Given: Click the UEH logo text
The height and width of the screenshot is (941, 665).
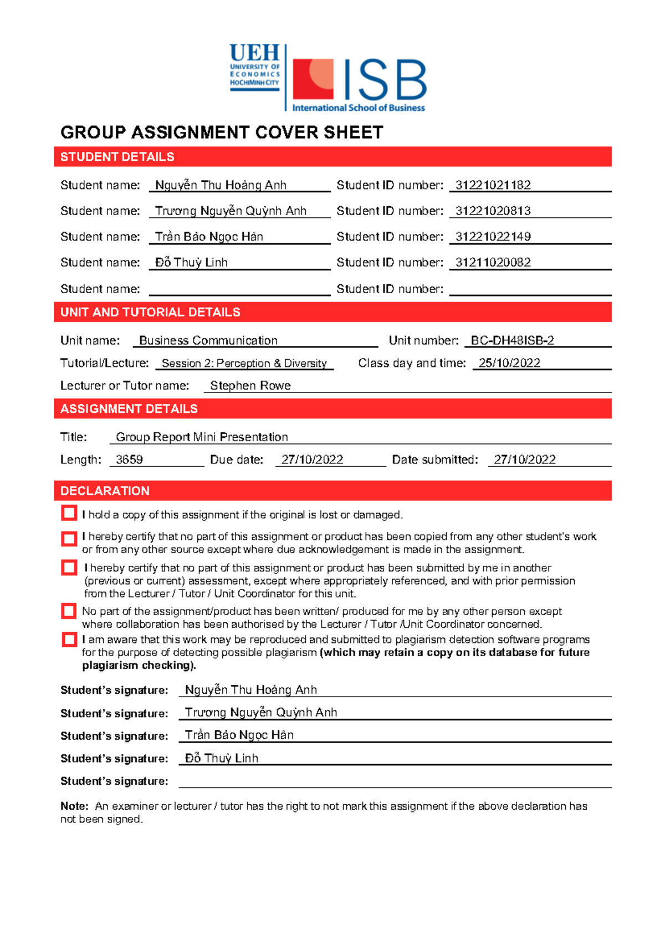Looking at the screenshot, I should click(x=254, y=54).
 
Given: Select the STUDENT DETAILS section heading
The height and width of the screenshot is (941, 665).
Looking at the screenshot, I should click(x=117, y=157).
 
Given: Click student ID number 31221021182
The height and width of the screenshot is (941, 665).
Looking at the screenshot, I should click(x=493, y=185).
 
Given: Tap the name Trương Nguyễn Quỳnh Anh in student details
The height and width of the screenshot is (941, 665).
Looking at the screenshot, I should click(x=231, y=211).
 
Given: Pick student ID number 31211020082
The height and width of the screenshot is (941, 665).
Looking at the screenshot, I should click(x=493, y=262).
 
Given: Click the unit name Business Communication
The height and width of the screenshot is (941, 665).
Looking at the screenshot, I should click(x=208, y=340).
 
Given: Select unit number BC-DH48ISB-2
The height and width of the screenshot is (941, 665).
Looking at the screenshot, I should click(x=511, y=340).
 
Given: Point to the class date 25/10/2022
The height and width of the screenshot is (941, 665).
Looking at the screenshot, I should click(x=509, y=363).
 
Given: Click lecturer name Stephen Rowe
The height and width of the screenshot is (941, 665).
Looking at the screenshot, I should click(x=250, y=386).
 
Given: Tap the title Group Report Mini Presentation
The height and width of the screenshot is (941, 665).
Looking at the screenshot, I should click(x=202, y=437).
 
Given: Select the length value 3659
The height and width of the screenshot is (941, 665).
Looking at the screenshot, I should click(x=129, y=459).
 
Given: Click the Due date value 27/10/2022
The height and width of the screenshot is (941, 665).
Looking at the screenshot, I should click(x=312, y=459).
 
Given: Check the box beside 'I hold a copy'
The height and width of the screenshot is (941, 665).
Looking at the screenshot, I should click(x=69, y=513).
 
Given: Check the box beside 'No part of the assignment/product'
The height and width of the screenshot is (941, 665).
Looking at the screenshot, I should click(x=69, y=611).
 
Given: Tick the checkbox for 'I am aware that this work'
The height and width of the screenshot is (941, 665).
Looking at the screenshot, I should click(x=69, y=640).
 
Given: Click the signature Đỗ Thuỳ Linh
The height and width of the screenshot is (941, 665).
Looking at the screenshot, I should click(x=221, y=758).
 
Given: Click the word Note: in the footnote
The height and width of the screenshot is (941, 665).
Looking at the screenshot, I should click(x=74, y=806).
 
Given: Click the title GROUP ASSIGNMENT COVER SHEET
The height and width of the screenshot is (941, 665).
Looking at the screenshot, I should click(x=222, y=132).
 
